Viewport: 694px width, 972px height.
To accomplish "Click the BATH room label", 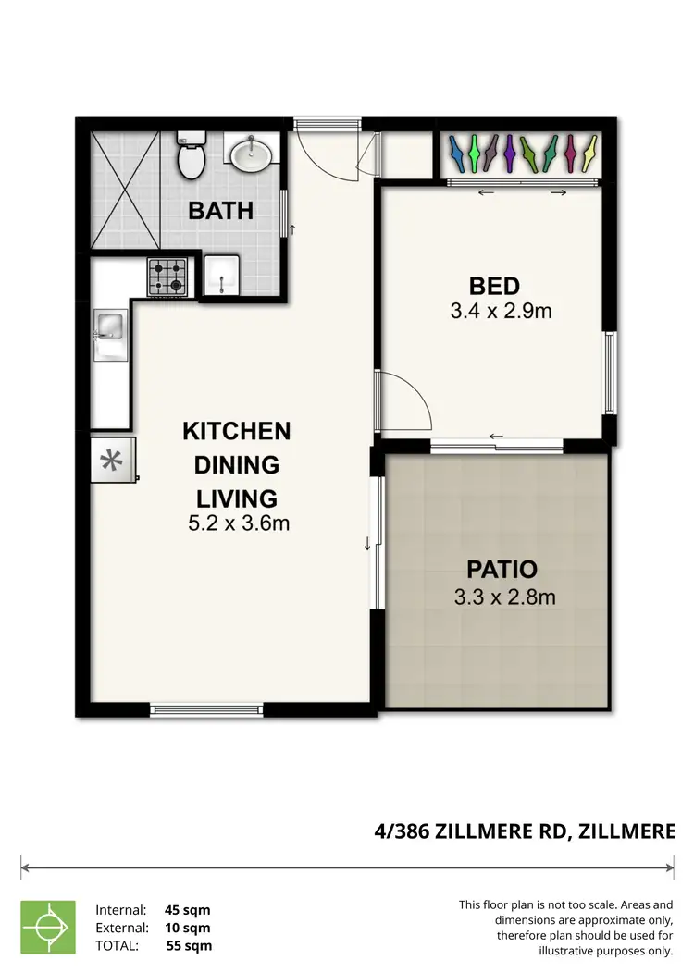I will point(220,211).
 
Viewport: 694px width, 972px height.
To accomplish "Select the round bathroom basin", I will point(250,154).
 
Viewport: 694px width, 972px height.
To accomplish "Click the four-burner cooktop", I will point(167,277).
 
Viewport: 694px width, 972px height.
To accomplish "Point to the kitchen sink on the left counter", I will point(108,326).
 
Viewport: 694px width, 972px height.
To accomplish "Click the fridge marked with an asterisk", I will point(112,460).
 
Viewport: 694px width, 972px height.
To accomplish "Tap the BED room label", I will point(494,286).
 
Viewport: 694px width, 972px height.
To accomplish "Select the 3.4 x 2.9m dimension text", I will point(501,312).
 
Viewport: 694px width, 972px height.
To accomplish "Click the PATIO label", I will point(502,570).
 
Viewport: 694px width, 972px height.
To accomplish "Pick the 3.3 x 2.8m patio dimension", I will point(504,597).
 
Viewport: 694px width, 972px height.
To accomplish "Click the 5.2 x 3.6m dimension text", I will point(240,523).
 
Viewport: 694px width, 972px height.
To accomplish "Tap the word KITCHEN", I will point(236,431).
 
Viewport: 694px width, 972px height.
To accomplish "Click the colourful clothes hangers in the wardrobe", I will point(521,153).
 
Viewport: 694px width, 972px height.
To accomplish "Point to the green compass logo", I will point(48,927).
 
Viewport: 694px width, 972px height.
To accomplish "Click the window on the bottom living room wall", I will point(206,710).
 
